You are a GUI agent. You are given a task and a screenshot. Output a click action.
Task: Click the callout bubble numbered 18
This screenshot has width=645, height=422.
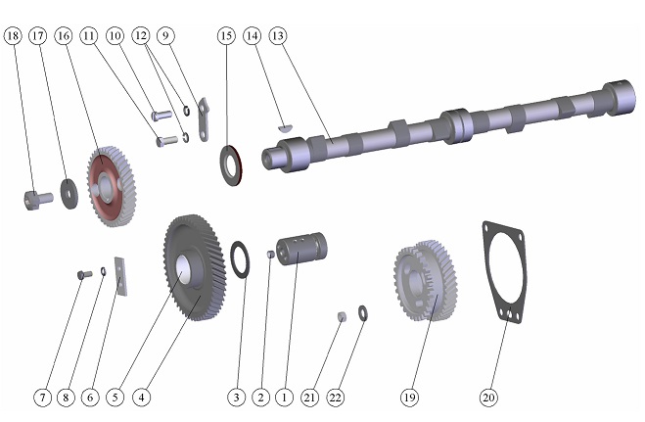pos(13,36)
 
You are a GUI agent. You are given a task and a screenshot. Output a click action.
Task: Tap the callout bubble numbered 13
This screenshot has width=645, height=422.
pos(278,36)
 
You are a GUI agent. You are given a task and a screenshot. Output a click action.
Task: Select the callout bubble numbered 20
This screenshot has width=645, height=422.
pos(488,398)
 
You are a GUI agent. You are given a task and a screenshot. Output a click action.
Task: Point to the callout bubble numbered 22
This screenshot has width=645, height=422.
pos(336,398)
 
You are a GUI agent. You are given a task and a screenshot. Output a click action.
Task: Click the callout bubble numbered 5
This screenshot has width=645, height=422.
pos(115,398)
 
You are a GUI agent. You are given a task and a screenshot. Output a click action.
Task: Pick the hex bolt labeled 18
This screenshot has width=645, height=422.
pos(38,200)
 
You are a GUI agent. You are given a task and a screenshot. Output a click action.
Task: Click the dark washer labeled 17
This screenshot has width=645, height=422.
pos(69,194)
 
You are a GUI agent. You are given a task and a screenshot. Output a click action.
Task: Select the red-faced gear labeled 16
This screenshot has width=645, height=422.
pos(112,186)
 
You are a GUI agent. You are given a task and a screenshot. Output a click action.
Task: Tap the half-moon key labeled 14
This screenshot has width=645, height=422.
pos(285,127)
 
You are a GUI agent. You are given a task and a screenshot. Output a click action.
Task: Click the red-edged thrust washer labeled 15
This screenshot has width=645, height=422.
pos(232,164)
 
